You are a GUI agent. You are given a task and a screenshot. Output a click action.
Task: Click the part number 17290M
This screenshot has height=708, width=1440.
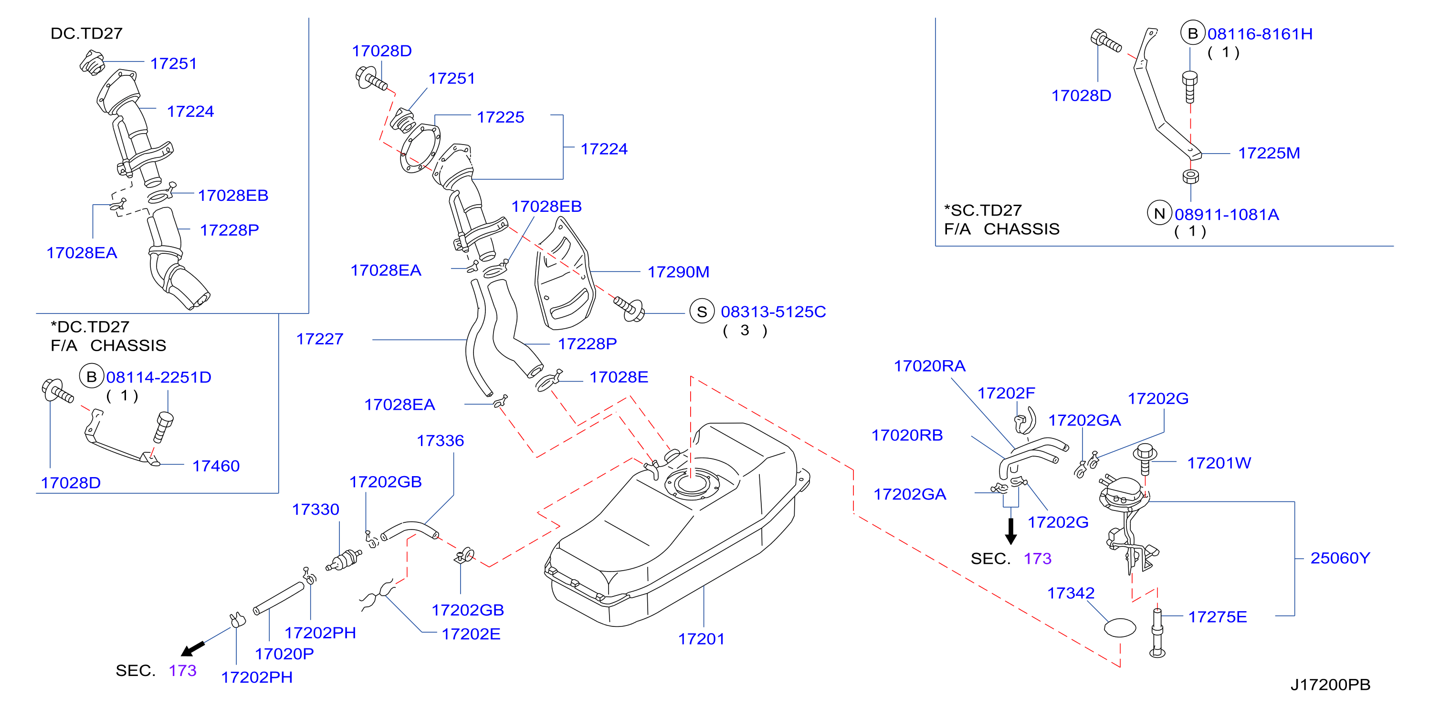click(678, 272)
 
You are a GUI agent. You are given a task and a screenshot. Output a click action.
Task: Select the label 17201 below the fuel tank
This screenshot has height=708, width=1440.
click(701, 639)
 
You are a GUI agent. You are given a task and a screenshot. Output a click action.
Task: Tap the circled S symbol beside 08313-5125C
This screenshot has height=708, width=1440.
click(702, 312)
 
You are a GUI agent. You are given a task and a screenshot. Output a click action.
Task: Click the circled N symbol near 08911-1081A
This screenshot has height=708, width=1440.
click(1159, 213)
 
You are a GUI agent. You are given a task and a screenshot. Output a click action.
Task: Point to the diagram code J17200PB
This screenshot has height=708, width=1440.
click(1330, 685)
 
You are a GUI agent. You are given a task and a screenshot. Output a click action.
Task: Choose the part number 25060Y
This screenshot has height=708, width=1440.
click(1340, 558)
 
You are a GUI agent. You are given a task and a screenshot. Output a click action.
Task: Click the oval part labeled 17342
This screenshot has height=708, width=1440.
click(1120, 627)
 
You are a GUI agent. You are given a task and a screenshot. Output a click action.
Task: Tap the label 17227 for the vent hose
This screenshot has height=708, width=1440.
click(320, 339)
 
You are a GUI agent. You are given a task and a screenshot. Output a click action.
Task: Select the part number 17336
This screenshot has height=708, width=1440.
click(440, 441)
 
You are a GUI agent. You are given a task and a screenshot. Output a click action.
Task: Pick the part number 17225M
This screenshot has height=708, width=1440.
click(1269, 153)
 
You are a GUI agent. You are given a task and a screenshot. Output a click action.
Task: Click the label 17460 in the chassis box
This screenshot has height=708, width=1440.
click(216, 466)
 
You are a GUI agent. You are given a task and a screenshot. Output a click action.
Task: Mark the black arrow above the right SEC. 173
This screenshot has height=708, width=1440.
click(1011, 531)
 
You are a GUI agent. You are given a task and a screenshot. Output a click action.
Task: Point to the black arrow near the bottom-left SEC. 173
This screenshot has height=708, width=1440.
click(193, 649)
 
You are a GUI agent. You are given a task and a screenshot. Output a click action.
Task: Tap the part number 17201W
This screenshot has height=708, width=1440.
click(1219, 463)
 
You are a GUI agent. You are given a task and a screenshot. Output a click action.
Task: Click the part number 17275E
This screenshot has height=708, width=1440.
click(1218, 617)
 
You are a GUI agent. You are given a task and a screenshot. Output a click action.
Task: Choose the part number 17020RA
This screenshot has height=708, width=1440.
click(930, 366)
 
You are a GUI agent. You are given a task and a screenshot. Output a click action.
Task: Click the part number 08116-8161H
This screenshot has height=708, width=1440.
click(1260, 34)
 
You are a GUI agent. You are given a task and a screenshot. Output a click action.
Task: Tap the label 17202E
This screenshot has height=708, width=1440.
click(471, 634)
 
